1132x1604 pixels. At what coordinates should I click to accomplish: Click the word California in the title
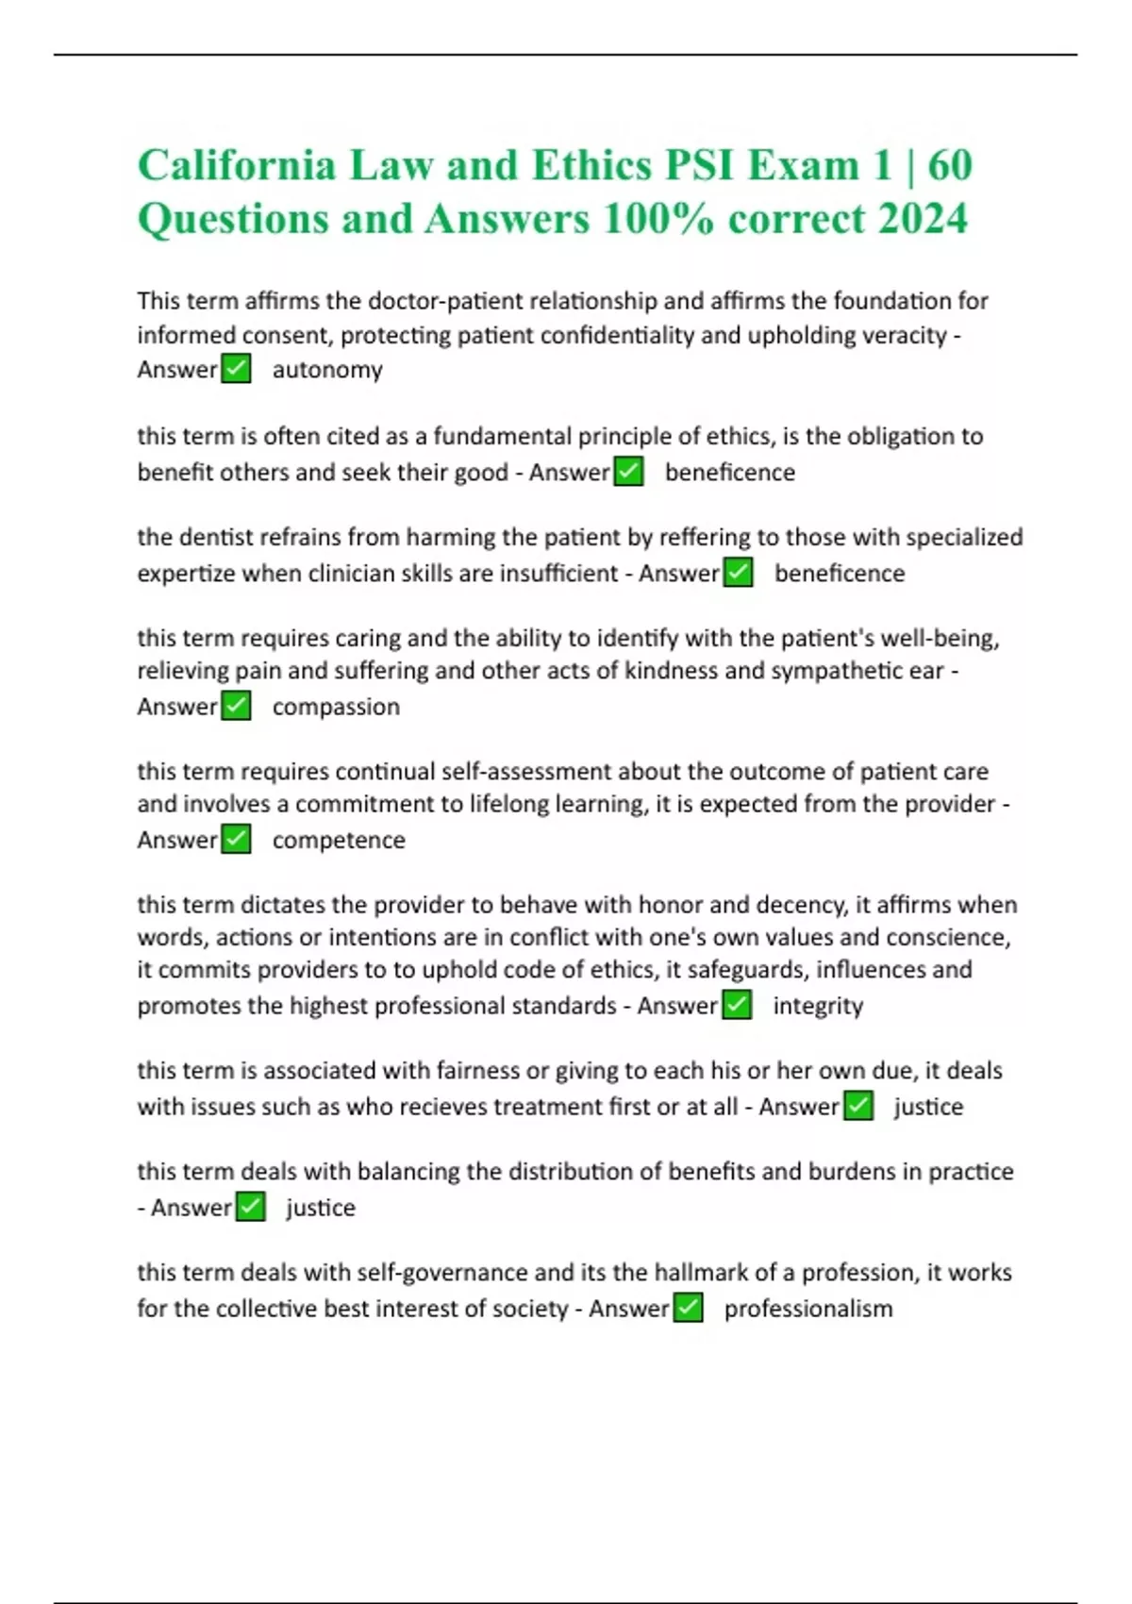click(x=237, y=166)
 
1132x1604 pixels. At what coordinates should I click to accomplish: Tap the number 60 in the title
click(x=949, y=166)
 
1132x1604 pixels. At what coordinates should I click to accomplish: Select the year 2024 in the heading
click(x=922, y=219)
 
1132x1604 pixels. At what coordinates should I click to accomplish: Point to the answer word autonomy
click(x=327, y=370)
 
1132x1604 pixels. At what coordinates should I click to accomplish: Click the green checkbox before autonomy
click(x=236, y=369)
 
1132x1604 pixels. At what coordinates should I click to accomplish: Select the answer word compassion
click(x=336, y=707)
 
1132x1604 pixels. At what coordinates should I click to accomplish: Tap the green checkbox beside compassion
click(x=236, y=706)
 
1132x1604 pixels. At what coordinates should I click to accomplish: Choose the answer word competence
click(x=339, y=840)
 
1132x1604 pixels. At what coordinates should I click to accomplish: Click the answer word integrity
click(x=818, y=1006)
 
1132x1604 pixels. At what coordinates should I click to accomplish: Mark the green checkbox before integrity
click(x=737, y=1005)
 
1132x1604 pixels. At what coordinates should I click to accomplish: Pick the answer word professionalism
click(x=807, y=1309)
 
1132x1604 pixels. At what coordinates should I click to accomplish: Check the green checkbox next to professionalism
click(x=689, y=1308)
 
